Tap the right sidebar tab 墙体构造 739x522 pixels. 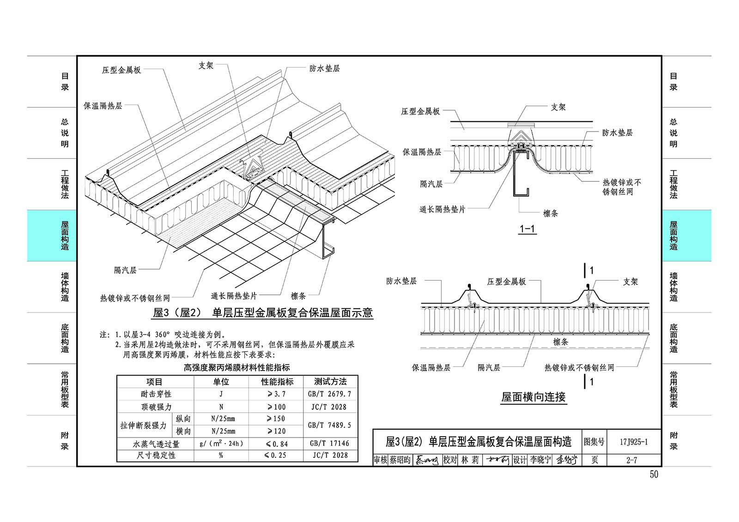673,287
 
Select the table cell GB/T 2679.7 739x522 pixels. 330,394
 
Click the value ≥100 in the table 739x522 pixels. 277,407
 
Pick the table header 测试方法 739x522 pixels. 330,382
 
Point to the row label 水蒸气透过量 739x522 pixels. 156,444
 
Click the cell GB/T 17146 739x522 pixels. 330,444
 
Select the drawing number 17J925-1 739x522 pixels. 634,442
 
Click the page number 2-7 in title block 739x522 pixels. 632,460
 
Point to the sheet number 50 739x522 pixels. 654,474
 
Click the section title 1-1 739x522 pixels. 527,228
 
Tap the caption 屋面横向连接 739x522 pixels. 533,397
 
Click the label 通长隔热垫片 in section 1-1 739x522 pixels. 442,209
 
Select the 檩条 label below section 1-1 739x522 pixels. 551,213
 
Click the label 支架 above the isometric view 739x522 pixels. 206,65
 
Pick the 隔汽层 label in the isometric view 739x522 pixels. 125,270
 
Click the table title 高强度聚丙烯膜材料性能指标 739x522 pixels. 237,367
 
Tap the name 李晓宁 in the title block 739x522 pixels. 540,460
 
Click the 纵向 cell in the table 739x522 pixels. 183,419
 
